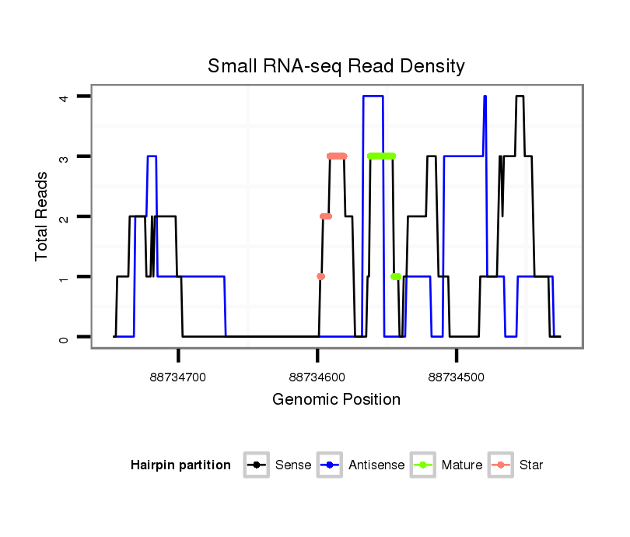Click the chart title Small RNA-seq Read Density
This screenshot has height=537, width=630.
point(336,66)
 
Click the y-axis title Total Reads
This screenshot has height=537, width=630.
point(42,216)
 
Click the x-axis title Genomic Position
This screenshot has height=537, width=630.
point(336,400)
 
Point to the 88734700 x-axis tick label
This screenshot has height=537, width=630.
point(178,377)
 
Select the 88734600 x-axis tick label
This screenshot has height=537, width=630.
point(317,377)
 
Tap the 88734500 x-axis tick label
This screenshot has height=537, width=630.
point(457,377)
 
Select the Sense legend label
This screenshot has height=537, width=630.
point(293,465)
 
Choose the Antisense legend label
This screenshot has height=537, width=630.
point(376,465)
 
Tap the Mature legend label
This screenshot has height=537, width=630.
point(462,465)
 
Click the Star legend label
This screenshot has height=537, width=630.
point(532,465)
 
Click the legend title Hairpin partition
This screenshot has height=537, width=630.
point(180,465)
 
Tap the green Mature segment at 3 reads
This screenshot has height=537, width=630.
point(381,156)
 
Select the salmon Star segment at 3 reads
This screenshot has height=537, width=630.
point(337,156)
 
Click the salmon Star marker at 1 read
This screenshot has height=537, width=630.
point(320,276)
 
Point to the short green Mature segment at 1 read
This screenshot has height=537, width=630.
point(396,276)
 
